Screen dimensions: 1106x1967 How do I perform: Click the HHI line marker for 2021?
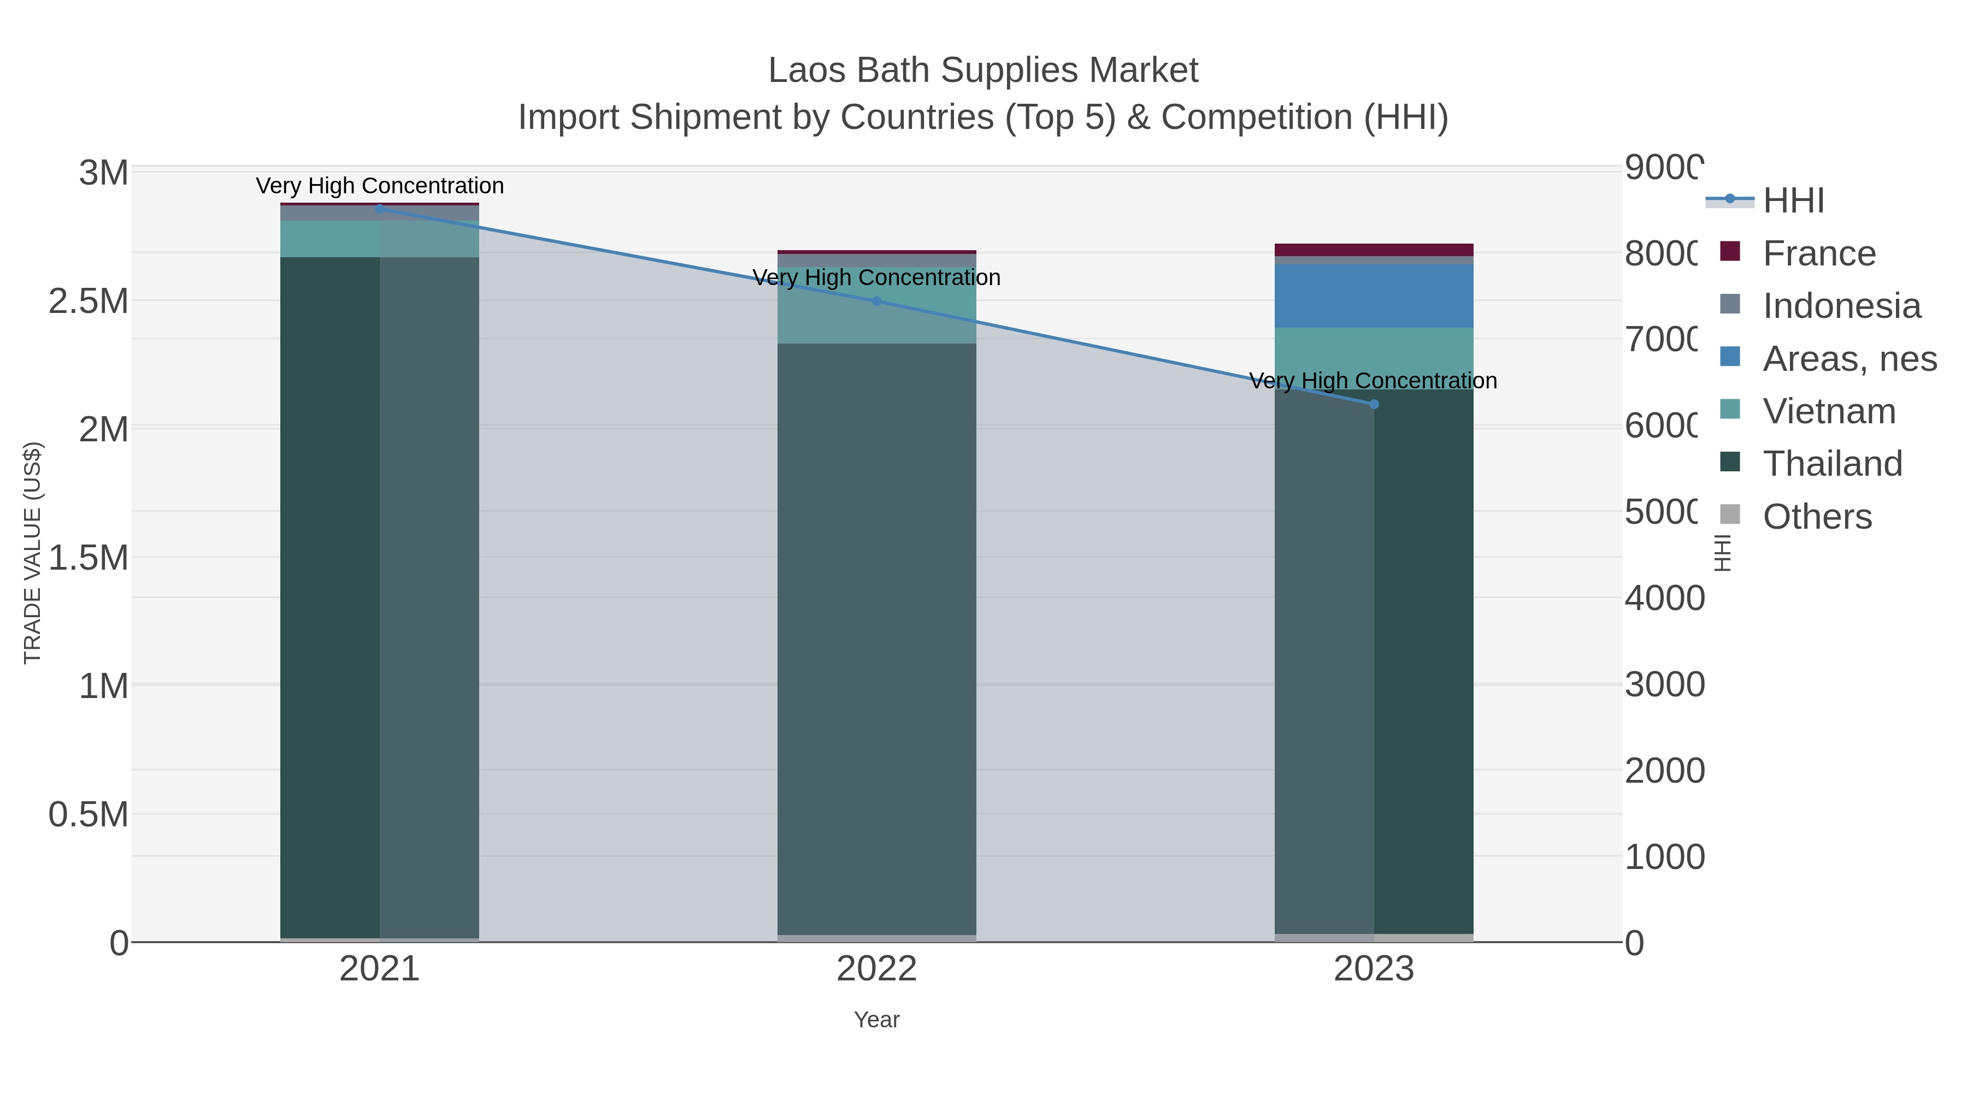click(380, 209)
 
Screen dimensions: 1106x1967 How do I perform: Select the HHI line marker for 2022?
click(876, 301)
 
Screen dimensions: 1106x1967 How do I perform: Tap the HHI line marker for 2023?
click(1374, 404)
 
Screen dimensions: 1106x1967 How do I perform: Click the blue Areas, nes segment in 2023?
click(1374, 296)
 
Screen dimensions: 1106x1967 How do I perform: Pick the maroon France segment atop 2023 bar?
click(1374, 250)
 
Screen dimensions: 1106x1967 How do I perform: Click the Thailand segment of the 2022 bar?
click(876, 641)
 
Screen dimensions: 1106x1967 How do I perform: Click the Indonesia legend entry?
click(1840, 306)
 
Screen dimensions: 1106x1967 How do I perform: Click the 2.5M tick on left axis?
click(89, 301)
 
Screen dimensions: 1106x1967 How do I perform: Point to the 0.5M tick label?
click(89, 814)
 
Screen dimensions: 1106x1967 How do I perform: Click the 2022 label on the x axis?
click(876, 968)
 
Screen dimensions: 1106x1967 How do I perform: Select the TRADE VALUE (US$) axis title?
click(33, 553)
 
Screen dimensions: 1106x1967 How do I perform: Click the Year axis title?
click(876, 1020)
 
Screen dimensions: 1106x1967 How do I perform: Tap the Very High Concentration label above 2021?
click(380, 186)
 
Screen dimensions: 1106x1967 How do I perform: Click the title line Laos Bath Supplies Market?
click(983, 70)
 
